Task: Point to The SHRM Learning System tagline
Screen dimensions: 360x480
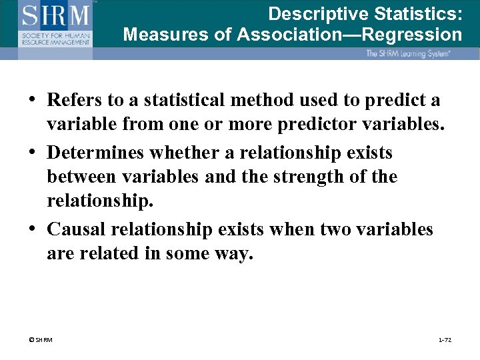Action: (408, 53)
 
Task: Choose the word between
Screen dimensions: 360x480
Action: (80, 177)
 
